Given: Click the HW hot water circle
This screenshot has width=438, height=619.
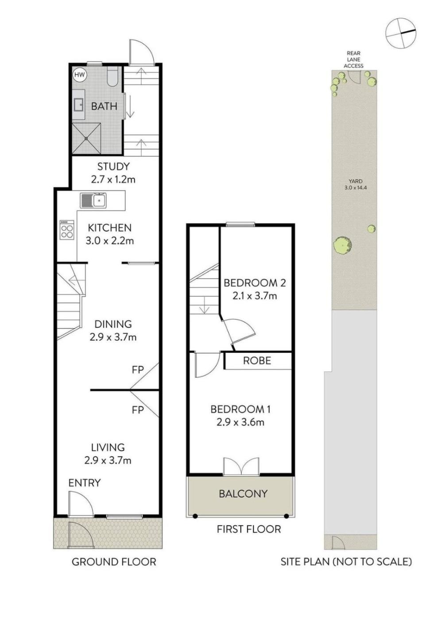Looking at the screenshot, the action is [80, 75].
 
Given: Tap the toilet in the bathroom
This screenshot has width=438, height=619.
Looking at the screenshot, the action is [113, 77].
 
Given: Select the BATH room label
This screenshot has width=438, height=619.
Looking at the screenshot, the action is [104, 107].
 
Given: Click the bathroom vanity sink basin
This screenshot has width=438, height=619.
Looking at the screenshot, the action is [79, 105].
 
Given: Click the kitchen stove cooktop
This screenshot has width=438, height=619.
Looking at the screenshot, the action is [67, 229].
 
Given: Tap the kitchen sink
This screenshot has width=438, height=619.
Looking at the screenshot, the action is [93, 200].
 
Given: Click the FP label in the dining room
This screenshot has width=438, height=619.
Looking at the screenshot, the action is [138, 370].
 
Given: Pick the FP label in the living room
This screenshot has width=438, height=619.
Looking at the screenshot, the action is [138, 410].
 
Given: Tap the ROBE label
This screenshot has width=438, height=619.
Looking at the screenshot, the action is [257, 361].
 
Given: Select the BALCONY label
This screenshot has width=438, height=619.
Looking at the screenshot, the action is [243, 493].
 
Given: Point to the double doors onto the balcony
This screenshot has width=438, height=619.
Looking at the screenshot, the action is [241, 466].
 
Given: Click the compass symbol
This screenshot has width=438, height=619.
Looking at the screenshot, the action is [401, 33].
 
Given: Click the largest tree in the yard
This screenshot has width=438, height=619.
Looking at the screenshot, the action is [342, 245].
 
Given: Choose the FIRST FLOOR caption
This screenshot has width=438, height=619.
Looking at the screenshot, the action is [248, 529].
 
